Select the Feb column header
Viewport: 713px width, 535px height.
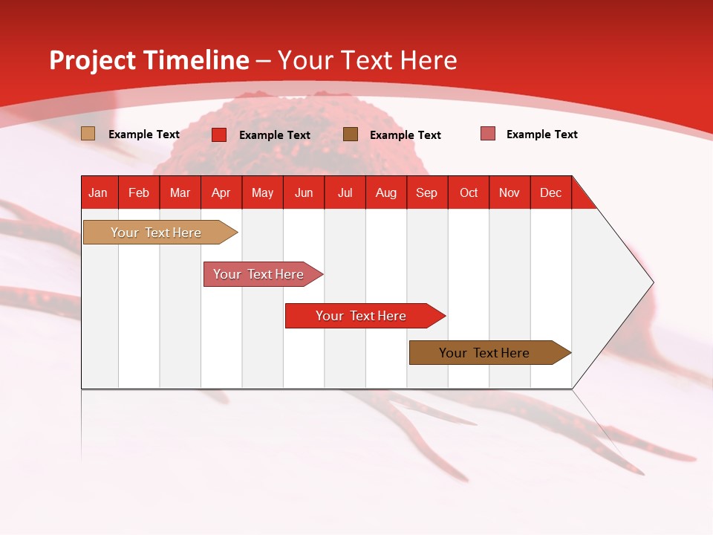139,192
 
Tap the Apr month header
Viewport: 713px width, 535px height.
221,192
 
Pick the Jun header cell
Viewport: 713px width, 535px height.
304,192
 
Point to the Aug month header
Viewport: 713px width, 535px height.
386,192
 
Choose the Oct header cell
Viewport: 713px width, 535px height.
469,192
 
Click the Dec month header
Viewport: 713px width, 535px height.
550,192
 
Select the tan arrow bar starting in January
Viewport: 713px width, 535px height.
160,232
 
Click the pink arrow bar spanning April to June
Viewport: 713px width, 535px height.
263,274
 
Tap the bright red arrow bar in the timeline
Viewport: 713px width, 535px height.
365,316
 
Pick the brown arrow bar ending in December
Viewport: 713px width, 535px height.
489,352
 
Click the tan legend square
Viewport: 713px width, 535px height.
88,133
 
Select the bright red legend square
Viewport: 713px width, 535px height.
218,134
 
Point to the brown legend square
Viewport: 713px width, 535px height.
350,134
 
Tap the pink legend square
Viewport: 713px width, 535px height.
488,133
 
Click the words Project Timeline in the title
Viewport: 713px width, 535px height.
149,60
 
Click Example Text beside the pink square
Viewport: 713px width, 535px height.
542,134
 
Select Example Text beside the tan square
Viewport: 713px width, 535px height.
143,134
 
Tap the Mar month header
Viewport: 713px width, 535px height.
180,192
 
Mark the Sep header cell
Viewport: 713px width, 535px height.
427,192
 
